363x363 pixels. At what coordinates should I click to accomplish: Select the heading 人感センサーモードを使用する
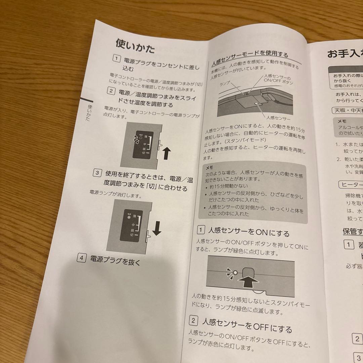[x=250, y=58]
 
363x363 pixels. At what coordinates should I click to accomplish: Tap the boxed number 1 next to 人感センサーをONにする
[x=201, y=230]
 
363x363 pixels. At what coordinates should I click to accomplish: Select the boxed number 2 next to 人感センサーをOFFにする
[x=193, y=320]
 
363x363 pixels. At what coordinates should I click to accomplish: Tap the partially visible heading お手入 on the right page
[x=344, y=54]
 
